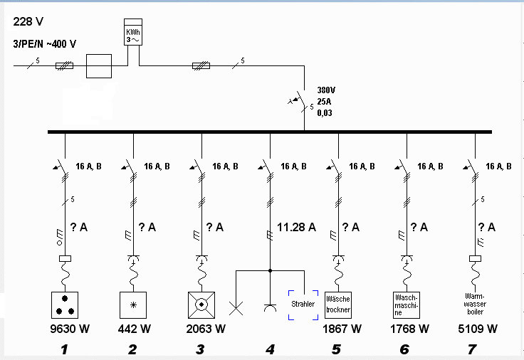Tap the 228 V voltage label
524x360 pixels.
tap(28, 22)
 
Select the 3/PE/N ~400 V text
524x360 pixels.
tap(44, 43)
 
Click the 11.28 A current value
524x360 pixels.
tap(296, 228)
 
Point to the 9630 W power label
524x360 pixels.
tap(70, 329)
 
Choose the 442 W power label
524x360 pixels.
tap(135, 329)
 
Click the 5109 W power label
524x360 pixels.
tap(478, 329)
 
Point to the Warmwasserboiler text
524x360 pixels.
tap(475, 304)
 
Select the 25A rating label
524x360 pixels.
tap(324, 102)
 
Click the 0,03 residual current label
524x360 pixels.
tap(325, 113)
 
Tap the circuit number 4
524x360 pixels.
tap(270, 349)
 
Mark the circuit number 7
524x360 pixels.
tap(472, 349)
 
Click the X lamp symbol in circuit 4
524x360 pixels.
tap(236, 308)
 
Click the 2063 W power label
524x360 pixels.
tap(206, 329)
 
